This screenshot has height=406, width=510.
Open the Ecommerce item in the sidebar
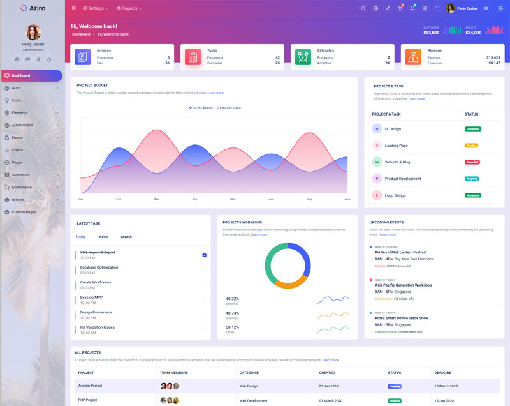22,187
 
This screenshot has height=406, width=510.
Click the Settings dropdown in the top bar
96,8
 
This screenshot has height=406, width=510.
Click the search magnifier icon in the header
363,8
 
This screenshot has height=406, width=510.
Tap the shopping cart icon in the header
400,8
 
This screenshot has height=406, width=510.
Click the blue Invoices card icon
83,57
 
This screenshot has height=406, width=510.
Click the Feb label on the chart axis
119,199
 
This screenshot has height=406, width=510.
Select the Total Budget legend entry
203,107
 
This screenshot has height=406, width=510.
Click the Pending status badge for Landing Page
471,146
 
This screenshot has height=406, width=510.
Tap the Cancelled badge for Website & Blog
472,162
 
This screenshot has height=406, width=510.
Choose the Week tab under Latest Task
103,237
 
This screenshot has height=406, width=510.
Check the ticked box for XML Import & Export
204,255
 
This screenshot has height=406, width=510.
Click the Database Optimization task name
99,267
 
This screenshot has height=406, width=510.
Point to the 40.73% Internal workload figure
232,313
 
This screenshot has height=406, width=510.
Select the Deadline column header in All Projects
442,373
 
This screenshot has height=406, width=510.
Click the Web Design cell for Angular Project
249,386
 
